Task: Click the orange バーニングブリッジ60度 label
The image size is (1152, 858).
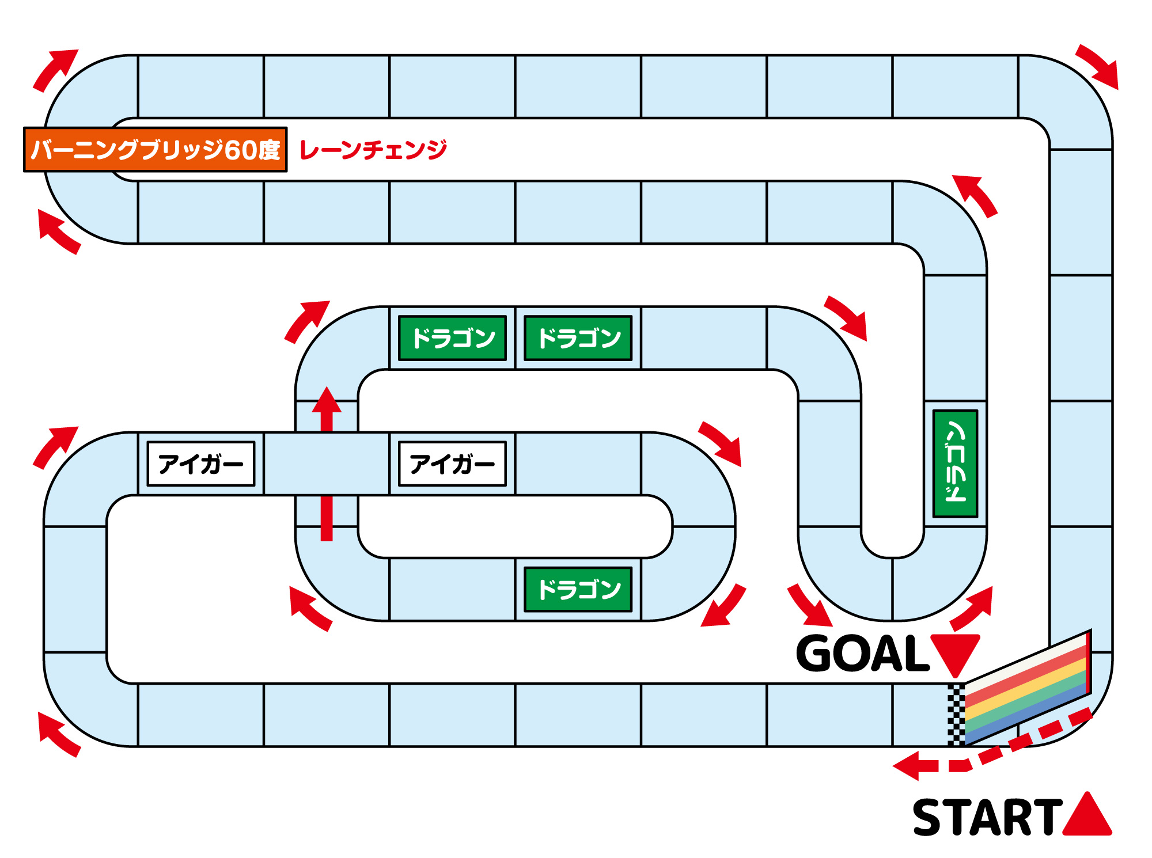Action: coord(155,150)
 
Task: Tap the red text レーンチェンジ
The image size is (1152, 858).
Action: coord(373,150)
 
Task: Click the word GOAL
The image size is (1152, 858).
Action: coord(862,654)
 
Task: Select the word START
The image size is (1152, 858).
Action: coord(987,818)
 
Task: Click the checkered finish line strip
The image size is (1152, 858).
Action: coord(956,715)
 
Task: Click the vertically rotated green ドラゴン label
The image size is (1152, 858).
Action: coord(955,464)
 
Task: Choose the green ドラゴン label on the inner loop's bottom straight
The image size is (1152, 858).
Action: coord(578,589)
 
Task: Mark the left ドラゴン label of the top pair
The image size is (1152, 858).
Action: coord(453,338)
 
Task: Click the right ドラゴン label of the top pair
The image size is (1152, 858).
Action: coord(578,338)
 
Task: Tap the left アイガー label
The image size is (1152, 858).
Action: coord(201,464)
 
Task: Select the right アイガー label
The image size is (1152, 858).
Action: coord(453,464)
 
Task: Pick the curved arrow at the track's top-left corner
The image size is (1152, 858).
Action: coord(55,69)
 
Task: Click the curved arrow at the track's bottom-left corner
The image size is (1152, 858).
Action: coord(58,734)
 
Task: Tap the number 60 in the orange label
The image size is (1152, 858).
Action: coord(240,150)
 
